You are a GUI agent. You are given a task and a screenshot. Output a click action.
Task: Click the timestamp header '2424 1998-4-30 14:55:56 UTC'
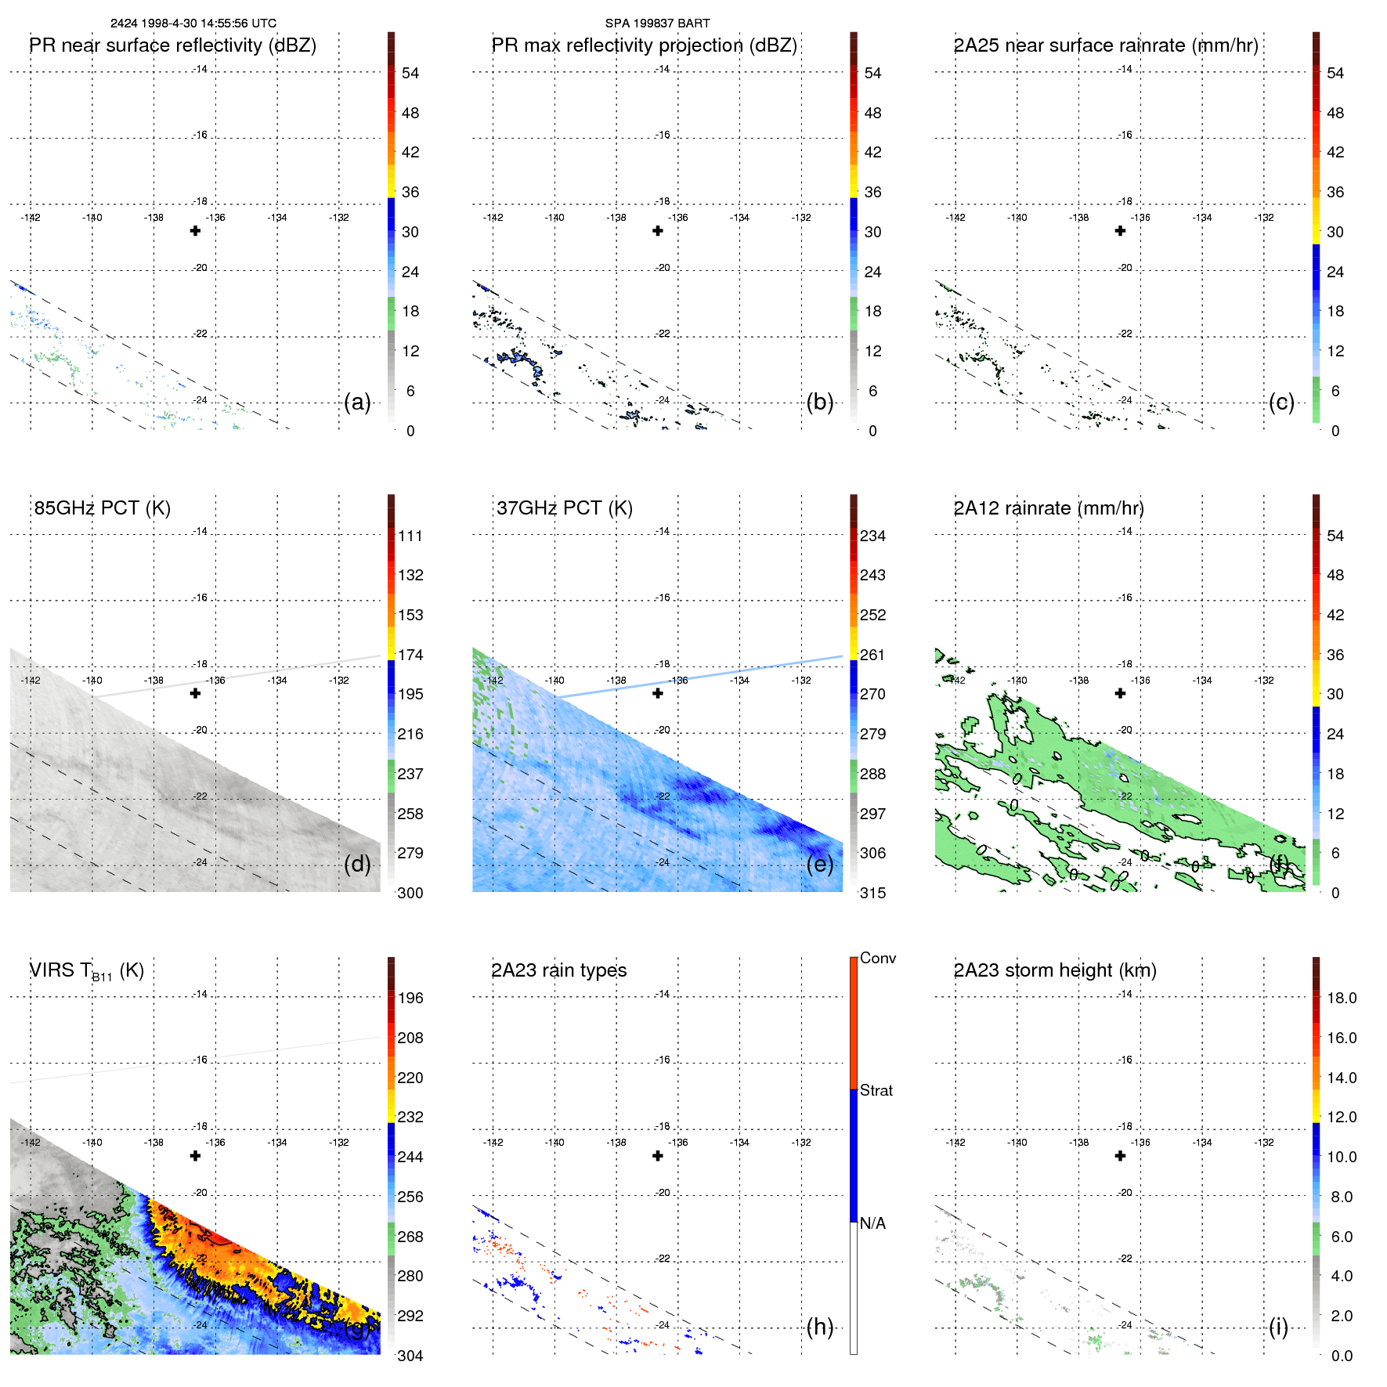(193, 23)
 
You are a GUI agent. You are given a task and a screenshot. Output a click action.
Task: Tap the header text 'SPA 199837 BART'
(657, 23)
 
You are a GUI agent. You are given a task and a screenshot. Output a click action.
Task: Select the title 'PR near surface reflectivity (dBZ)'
(173, 45)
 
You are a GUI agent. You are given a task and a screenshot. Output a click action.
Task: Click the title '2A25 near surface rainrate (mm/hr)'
(1106, 45)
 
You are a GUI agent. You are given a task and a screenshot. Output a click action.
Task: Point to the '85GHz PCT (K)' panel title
(103, 508)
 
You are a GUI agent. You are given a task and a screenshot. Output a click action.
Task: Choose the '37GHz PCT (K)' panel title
(565, 508)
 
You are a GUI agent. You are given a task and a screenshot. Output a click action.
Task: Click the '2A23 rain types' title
(559, 970)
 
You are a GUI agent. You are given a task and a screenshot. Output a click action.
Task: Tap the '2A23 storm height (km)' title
(1055, 970)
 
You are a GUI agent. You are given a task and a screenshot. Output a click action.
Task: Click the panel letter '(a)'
(357, 403)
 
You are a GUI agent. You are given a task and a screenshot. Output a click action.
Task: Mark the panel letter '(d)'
(357, 864)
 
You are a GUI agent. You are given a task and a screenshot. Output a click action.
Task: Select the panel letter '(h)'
(820, 1327)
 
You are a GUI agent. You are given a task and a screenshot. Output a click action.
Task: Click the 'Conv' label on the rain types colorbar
(878, 958)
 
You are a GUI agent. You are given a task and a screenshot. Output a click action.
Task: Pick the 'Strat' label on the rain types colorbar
(876, 1090)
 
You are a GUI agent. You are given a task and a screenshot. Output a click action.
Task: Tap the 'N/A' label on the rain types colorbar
(872, 1223)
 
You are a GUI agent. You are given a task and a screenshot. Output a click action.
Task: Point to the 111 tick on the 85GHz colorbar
(410, 536)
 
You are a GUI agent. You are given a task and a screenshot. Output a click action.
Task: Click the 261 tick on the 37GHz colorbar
(872, 655)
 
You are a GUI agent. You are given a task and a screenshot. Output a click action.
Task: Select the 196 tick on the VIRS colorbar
(410, 998)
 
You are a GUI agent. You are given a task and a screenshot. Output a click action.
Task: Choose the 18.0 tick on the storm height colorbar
(1342, 998)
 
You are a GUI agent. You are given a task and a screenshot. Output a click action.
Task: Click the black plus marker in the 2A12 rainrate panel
(1120, 693)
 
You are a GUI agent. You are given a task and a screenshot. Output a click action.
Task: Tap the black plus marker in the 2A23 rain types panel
(658, 1156)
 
